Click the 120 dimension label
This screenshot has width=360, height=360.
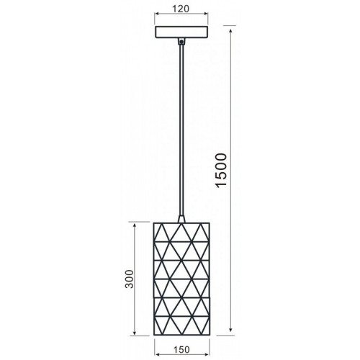(181, 9)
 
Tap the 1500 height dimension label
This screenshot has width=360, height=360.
(221, 171)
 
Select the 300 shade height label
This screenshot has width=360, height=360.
(130, 279)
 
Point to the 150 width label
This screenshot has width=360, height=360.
(181, 350)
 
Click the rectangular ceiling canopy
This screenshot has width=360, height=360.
(181, 32)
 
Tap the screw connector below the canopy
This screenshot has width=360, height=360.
(181, 42)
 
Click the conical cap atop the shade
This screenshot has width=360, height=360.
(181, 219)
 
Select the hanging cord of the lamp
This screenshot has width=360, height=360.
(181, 130)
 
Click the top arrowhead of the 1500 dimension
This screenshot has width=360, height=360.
(231, 32)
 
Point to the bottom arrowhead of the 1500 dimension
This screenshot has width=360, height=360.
(231, 328)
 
